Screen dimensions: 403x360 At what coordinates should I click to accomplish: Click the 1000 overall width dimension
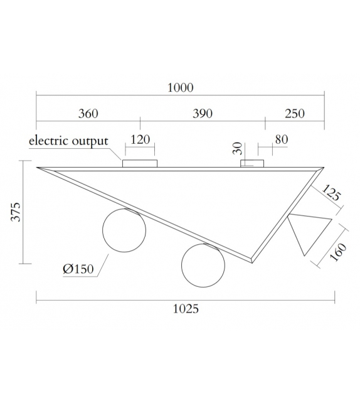(180, 88)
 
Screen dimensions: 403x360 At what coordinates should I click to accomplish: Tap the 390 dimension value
(202, 114)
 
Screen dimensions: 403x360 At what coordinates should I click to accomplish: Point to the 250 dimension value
(294, 114)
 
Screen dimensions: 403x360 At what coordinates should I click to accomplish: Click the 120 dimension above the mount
(140, 139)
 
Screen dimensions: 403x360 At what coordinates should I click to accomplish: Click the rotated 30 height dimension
(237, 148)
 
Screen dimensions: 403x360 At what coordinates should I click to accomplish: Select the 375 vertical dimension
(15, 212)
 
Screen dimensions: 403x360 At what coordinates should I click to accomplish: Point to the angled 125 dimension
(331, 193)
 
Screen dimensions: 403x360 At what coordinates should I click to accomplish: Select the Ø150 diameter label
(78, 269)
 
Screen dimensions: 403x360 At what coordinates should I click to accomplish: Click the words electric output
(68, 141)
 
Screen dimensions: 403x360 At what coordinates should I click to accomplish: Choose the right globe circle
(203, 264)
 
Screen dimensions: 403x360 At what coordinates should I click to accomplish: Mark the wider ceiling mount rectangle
(139, 164)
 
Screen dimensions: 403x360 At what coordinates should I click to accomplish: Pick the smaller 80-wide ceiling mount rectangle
(252, 164)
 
